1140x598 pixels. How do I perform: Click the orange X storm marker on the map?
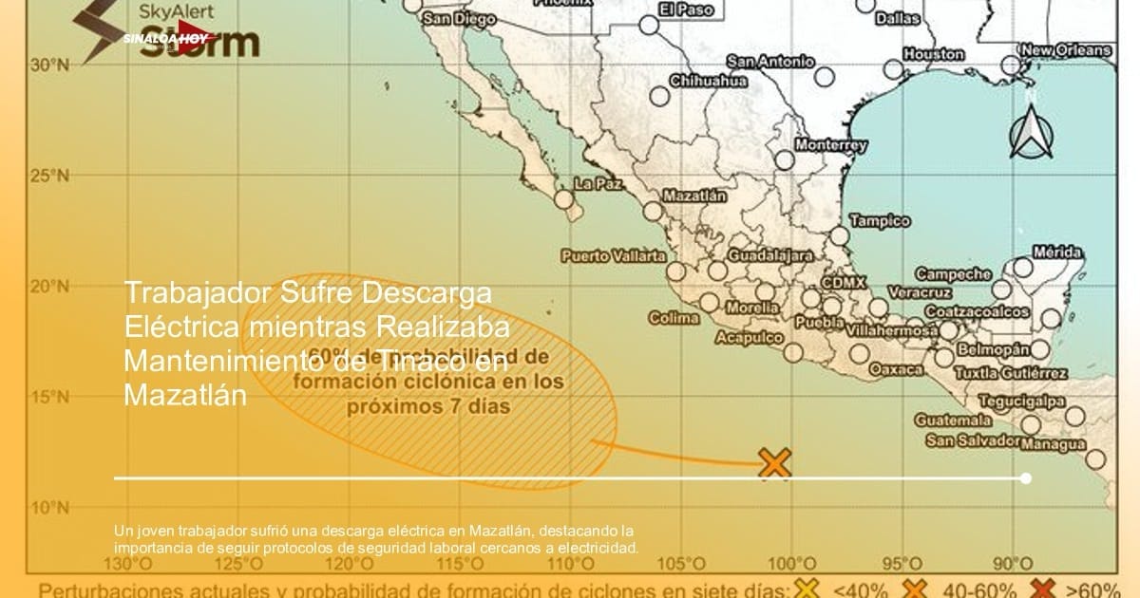[775, 463]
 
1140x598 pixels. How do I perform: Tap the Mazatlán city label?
[693, 196]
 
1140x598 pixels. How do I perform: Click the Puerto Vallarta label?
[613, 255]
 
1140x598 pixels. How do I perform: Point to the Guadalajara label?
[770, 255]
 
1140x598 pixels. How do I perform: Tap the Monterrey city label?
[830, 145]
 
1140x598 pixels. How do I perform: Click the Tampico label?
[879, 221]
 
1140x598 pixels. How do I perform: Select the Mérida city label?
[1057, 252]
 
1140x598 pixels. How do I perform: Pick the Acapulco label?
[749, 337]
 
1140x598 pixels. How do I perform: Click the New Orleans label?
[1065, 49]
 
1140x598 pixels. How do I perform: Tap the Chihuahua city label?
[709, 81]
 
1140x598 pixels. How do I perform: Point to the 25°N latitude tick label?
[48, 176]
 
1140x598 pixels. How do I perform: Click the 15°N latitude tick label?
[48, 397]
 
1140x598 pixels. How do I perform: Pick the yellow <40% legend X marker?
[807, 589]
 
